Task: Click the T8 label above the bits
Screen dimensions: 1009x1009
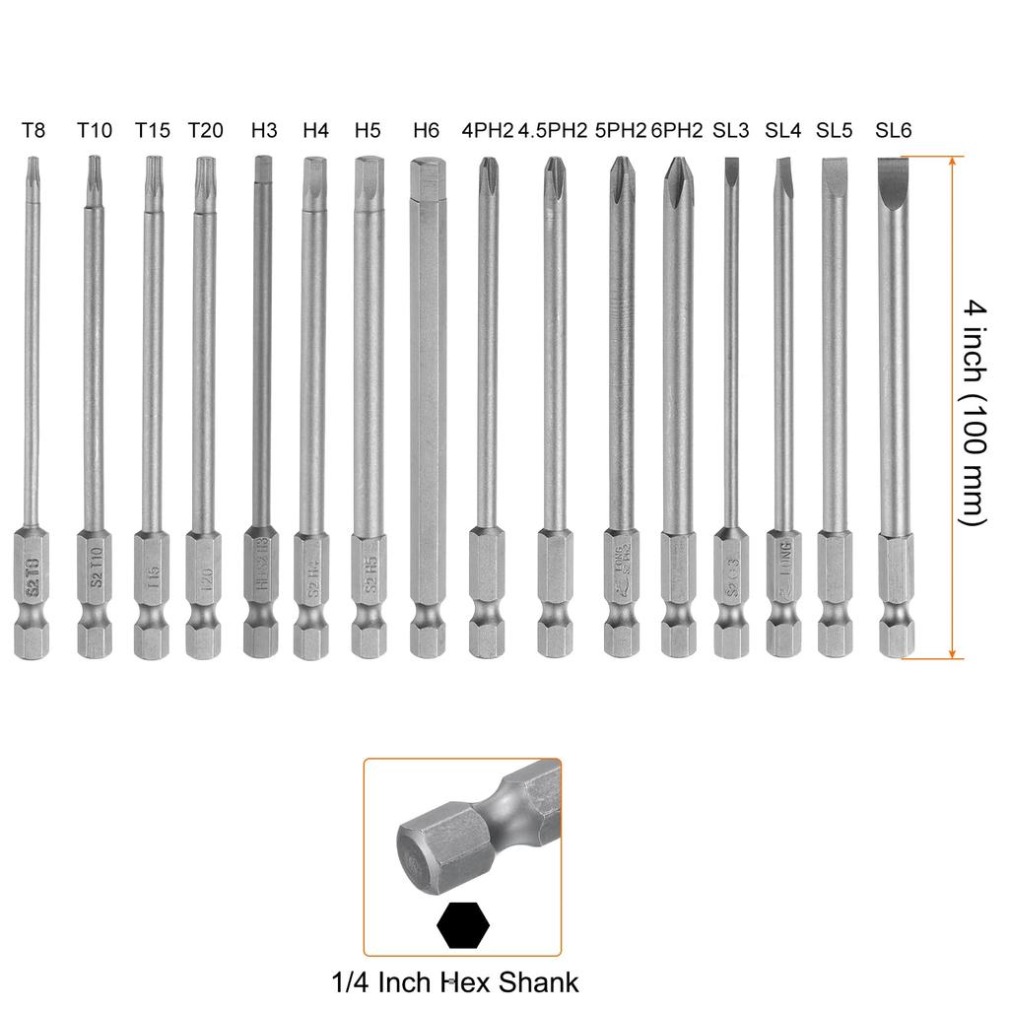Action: pos(34,130)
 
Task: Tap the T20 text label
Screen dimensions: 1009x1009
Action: pos(205,130)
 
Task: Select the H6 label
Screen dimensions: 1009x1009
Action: pos(427,130)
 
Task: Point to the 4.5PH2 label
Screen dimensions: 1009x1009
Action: pos(553,130)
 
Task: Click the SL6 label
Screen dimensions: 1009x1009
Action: pos(894,130)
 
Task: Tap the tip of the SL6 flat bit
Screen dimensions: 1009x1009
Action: pos(894,168)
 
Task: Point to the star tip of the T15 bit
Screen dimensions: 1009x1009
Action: pos(151,168)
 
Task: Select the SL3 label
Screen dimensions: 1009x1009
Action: pos(731,130)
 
